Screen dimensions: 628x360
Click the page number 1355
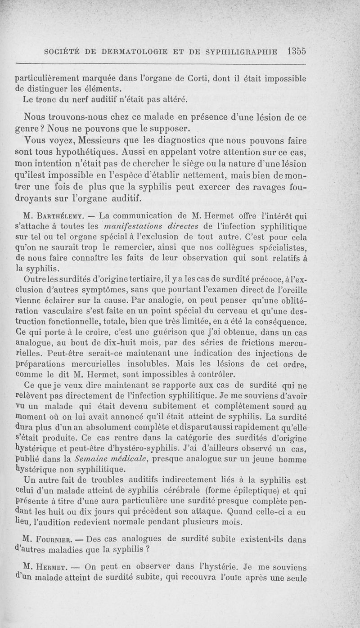[x=296, y=51]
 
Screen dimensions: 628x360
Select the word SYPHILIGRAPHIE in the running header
[x=240, y=51]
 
